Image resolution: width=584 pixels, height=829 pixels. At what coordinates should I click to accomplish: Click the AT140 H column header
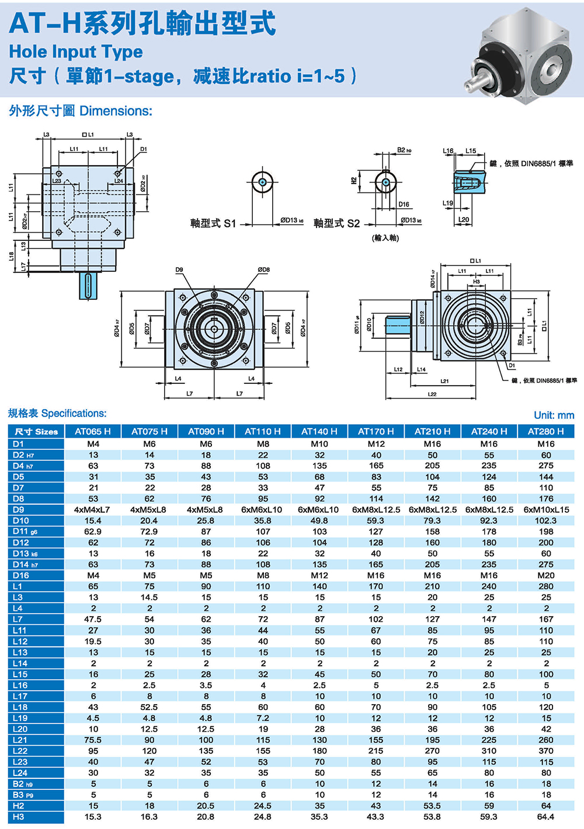[x=319, y=432]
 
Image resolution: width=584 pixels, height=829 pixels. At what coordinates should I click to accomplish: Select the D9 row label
[x=19, y=509]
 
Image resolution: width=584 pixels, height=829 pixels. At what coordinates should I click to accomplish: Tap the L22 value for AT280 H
[x=546, y=751]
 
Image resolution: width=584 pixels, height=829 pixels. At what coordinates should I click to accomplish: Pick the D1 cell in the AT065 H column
[x=93, y=444]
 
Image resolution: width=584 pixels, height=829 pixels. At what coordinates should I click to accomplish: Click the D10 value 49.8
[x=319, y=520]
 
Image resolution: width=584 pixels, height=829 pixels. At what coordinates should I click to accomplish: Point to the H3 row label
[x=19, y=817]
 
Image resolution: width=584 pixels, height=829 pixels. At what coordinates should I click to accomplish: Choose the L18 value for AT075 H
[x=150, y=707]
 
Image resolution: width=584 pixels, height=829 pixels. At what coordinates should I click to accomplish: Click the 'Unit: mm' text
[x=554, y=415]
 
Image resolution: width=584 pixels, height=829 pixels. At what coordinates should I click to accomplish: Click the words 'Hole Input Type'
[x=76, y=52]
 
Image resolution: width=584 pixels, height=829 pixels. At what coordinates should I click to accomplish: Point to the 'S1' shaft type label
[x=230, y=223]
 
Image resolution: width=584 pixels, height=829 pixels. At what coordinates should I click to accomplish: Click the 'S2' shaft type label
[x=353, y=223]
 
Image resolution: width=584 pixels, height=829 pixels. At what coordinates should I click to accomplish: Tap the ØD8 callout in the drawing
[x=263, y=270]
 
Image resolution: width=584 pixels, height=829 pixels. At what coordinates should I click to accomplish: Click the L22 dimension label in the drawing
[x=432, y=395]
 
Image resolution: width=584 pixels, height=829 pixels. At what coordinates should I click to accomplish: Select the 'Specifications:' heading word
[x=74, y=414]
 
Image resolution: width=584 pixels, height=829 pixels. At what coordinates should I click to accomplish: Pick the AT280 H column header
[x=545, y=432]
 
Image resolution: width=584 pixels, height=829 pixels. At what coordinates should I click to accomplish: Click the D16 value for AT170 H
[x=376, y=575]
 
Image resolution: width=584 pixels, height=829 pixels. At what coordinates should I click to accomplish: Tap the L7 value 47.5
[x=93, y=619]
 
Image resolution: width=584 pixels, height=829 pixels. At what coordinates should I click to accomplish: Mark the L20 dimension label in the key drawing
[x=463, y=220]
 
